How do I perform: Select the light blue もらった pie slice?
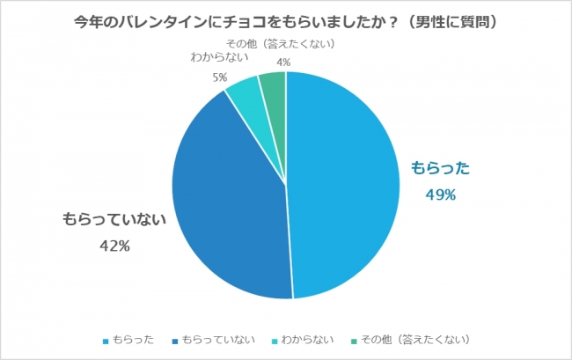[343, 185]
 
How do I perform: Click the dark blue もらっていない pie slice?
[229, 202]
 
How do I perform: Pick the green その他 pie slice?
[274, 86]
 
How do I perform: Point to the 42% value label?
[114, 246]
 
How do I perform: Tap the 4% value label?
[283, 62]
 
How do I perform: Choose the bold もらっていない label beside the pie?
[114, 220]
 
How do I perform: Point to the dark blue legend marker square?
[176, 341]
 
